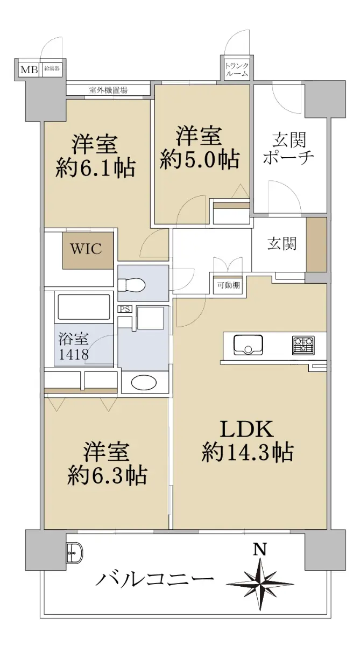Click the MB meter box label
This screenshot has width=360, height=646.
click(29, 69)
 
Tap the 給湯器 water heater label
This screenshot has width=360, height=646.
click(52, 69)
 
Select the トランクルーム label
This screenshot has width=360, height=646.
click(237, 69)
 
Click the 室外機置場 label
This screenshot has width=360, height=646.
click(108, 90)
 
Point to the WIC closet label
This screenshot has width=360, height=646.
click(86, 249)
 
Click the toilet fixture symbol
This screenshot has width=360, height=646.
click(131, 285)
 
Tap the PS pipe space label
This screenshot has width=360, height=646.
click(125, 309)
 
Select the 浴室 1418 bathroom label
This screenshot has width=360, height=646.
click(74, 347)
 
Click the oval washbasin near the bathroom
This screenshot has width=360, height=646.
click(144, 382)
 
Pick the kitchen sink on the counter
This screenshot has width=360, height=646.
click(248, 345)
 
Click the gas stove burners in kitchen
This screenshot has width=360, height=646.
click(303, 345)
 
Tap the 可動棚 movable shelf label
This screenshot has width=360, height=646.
click(229, 285)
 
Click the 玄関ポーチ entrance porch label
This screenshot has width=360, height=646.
click(288, 148)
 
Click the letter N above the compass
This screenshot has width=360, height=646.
click(260, 549)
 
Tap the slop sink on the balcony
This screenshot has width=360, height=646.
click(75, 553)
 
